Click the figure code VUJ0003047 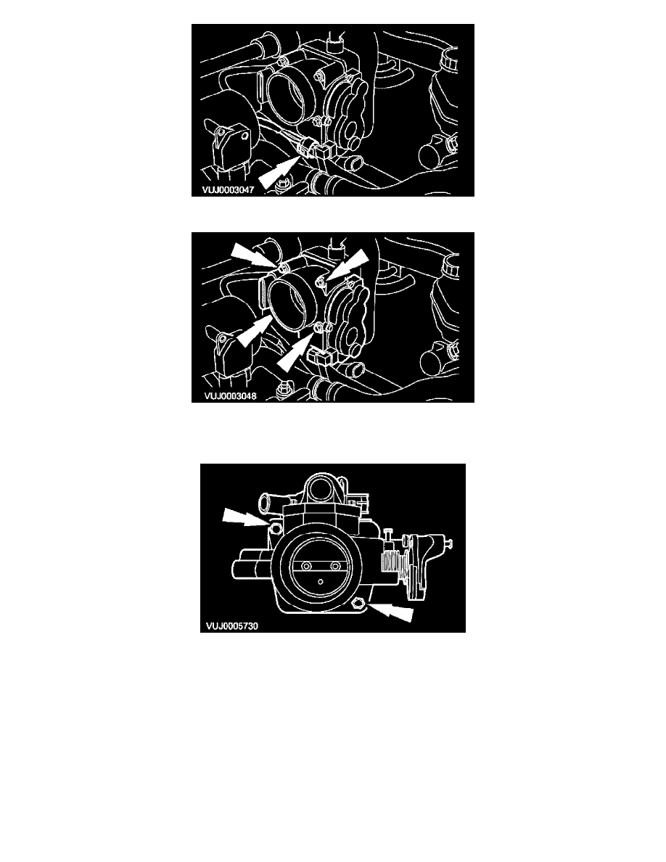tap(228, 190)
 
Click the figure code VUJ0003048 tap(230, 396)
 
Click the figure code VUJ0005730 tap(232, 625)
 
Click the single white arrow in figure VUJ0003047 tap(279, 171)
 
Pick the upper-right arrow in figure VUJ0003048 tap(348, 266)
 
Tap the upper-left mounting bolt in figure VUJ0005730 tap(275, 529)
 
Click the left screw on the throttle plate tap(307, 566)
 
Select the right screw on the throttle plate tap(335, 566)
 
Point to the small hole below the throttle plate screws tap(321, 580)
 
